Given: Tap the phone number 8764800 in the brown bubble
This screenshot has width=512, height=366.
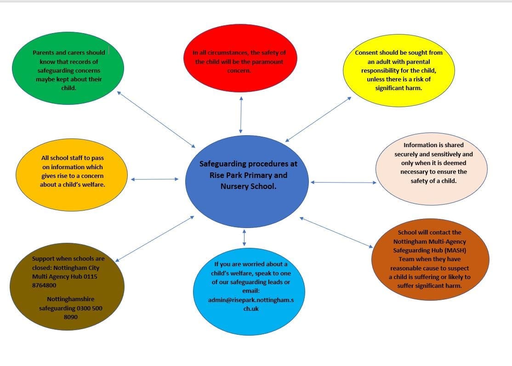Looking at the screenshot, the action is (44, 285).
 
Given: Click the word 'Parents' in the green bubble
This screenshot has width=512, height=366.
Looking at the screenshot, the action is (43, 52).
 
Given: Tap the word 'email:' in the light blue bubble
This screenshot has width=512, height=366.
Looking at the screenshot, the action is (251, 291).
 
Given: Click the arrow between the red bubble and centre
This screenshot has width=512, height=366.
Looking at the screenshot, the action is (241, 114).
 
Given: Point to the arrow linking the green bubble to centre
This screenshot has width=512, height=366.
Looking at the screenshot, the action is (156, 119).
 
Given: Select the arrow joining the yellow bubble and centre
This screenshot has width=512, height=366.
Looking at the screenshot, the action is (319, 119).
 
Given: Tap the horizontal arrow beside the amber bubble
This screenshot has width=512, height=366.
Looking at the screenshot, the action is (155, 179).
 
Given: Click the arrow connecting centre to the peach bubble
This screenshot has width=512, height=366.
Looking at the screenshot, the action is (343, 183).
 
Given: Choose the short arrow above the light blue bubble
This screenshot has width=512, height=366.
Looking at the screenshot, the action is (244, 238).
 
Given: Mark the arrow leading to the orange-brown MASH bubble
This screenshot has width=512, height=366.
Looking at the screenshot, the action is (336, 232).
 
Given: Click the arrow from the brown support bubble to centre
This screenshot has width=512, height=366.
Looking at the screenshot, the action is (155, 239).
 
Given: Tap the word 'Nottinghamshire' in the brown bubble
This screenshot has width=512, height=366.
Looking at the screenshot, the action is (70, 299).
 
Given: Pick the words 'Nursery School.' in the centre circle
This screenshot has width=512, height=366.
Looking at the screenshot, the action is (249, 187).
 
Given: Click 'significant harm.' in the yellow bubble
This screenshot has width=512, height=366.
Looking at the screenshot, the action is (398, 88).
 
